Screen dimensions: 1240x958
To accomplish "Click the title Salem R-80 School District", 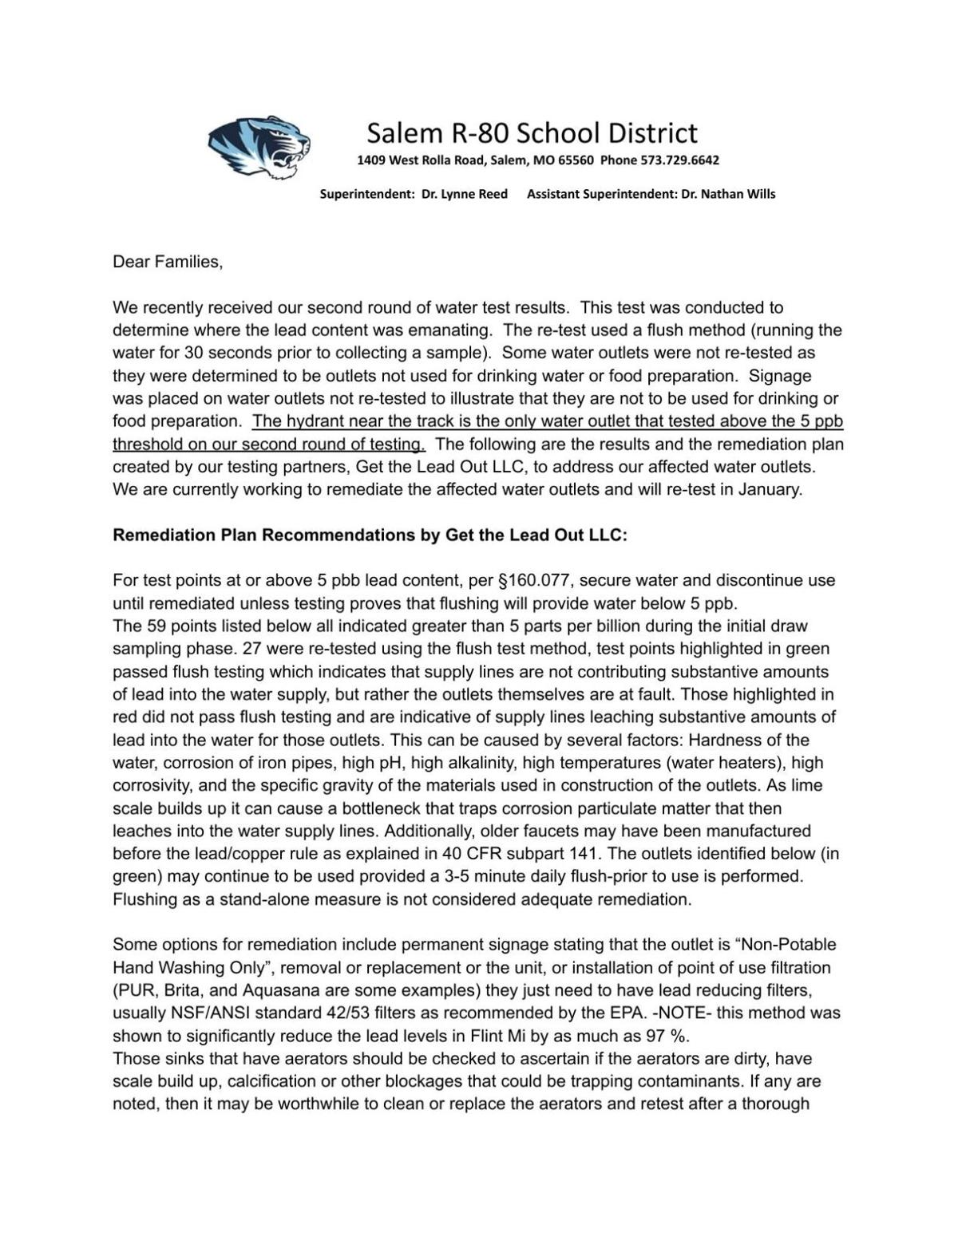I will (x=532, y=132).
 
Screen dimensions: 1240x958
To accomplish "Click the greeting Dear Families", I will (x=168, y=263).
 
